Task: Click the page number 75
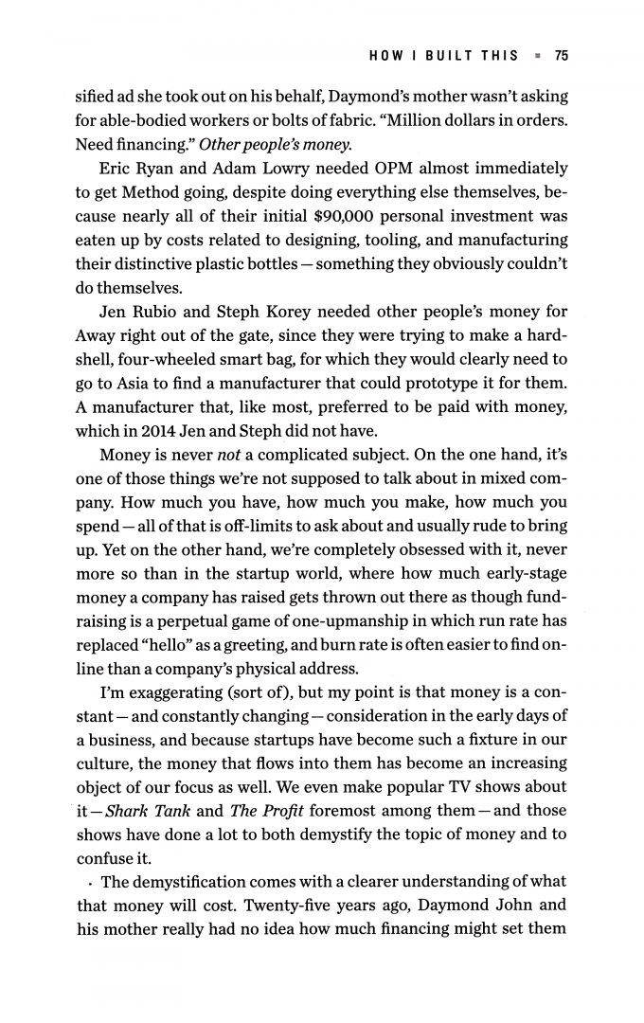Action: [x=561, y=56]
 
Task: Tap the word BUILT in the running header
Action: [x=455, y=56]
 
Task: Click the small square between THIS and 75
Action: [x=537, y=56]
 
